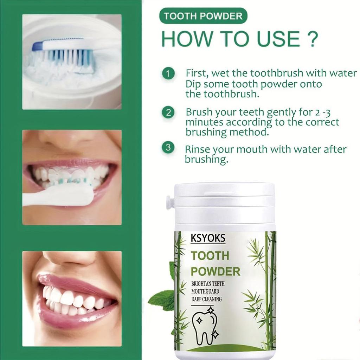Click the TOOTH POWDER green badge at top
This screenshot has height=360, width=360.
pyautogui.click(x=203, y=16)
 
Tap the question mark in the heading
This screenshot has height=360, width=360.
pyautogui.click(x=311, y=39)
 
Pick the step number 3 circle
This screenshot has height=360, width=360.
pyautogui.click(x=168, y=148)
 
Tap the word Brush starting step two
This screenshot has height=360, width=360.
pyautogui.click(x=199, y=112)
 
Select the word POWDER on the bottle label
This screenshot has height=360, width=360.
pyautogui.click(x=216, y=271)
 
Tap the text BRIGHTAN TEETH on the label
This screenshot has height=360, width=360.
pyautogui.click(x=208, y=284)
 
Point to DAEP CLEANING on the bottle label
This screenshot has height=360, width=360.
pyautogui.click(x=207, y=299)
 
